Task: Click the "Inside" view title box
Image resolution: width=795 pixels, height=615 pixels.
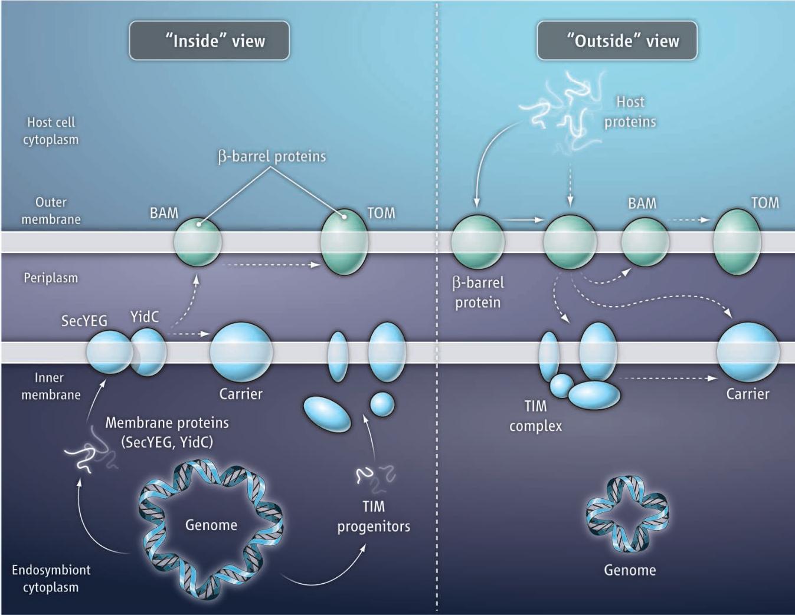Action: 210,41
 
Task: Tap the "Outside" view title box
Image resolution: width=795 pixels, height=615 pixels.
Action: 617,41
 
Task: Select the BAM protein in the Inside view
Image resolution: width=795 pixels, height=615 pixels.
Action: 198,241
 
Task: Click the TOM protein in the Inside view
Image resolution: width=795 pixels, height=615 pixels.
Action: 344,241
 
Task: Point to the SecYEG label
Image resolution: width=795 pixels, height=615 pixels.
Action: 84,321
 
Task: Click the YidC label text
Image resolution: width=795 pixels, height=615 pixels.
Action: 145,317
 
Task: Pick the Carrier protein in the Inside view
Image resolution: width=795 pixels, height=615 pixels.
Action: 241,351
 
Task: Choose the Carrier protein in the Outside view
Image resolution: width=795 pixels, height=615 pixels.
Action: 748,352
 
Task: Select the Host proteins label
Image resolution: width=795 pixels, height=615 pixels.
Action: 630,112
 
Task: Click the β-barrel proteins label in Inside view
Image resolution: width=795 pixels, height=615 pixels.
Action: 272,156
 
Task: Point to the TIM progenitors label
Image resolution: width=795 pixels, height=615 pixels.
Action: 374,517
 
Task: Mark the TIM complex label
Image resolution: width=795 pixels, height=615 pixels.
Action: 535,416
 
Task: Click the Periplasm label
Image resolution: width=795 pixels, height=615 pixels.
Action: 51,278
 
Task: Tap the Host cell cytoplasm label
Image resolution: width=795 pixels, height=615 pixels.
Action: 51,131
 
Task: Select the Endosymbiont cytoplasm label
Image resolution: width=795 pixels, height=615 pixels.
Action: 51,578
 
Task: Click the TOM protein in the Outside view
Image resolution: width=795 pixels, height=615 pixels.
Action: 737,241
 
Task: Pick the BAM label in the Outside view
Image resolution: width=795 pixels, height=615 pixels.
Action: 642,203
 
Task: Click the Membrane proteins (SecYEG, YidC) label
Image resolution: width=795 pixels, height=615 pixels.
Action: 167,432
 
